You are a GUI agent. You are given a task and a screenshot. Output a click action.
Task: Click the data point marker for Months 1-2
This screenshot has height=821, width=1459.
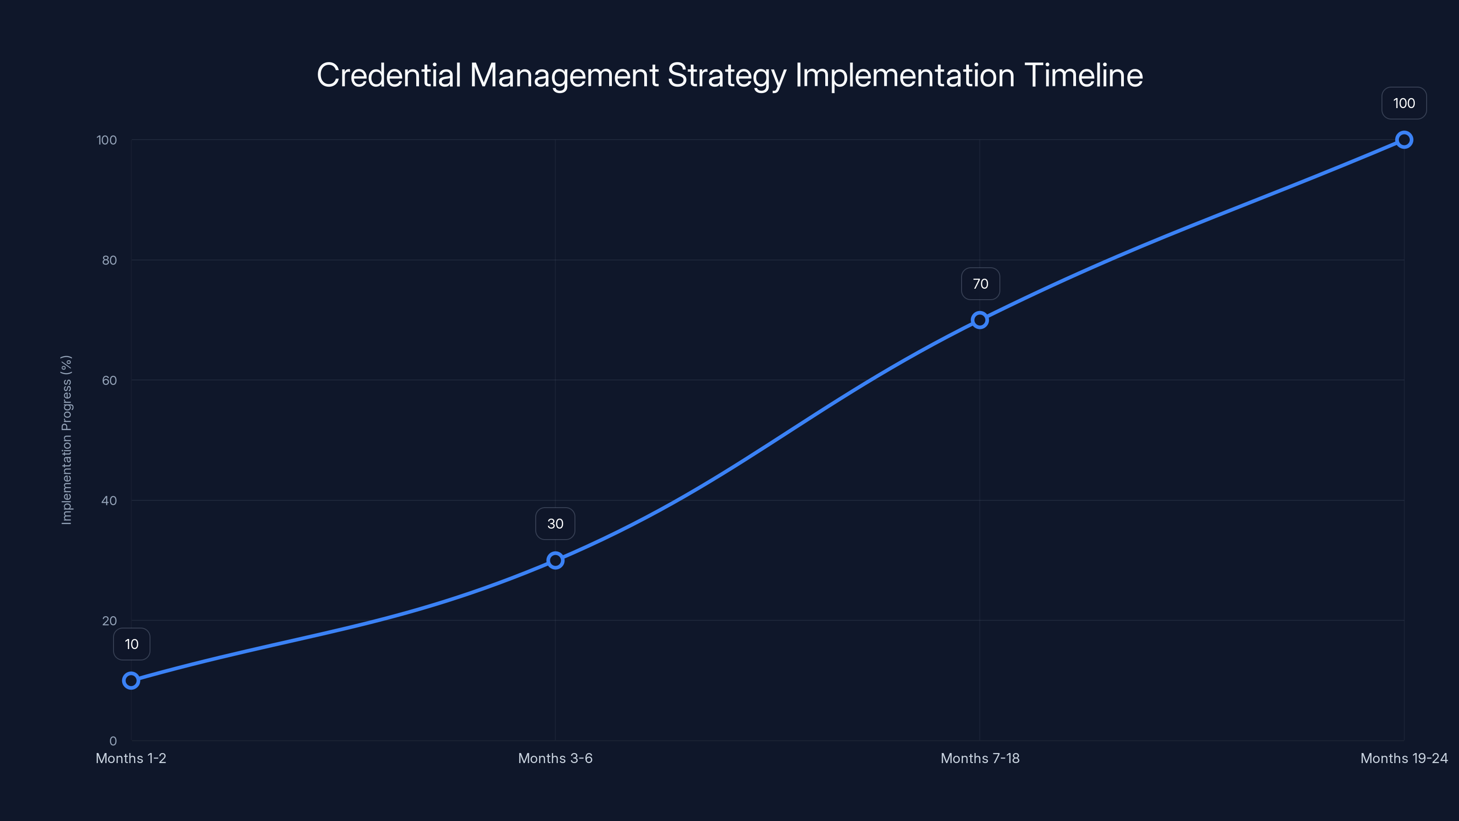131,681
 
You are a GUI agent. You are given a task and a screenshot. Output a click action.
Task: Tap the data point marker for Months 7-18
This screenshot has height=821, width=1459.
980,320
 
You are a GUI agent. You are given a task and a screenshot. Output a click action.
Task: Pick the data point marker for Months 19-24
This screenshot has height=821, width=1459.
1404,140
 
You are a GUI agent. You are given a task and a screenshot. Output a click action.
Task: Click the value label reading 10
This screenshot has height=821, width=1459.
131,644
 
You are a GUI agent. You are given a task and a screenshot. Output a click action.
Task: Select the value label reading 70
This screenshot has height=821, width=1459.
980,284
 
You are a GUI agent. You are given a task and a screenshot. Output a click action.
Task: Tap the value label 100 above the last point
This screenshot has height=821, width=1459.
1404,103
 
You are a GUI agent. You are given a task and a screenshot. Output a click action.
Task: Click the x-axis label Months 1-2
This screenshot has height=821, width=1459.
131,758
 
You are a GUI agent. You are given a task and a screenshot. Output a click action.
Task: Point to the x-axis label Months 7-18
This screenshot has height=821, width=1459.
980,758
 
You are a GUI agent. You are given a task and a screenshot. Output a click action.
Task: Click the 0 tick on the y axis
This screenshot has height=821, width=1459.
113,741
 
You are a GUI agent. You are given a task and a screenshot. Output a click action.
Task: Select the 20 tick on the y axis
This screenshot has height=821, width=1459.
109,621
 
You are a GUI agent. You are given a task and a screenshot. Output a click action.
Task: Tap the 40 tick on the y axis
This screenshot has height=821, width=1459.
109,501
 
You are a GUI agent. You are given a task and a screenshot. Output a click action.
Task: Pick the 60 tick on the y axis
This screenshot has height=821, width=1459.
109,380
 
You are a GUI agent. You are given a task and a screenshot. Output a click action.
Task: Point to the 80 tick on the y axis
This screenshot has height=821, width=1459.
109,260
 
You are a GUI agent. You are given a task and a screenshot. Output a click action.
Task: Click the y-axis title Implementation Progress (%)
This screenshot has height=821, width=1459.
67,440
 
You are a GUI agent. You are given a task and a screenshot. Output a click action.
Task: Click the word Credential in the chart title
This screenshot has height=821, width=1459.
389,75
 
